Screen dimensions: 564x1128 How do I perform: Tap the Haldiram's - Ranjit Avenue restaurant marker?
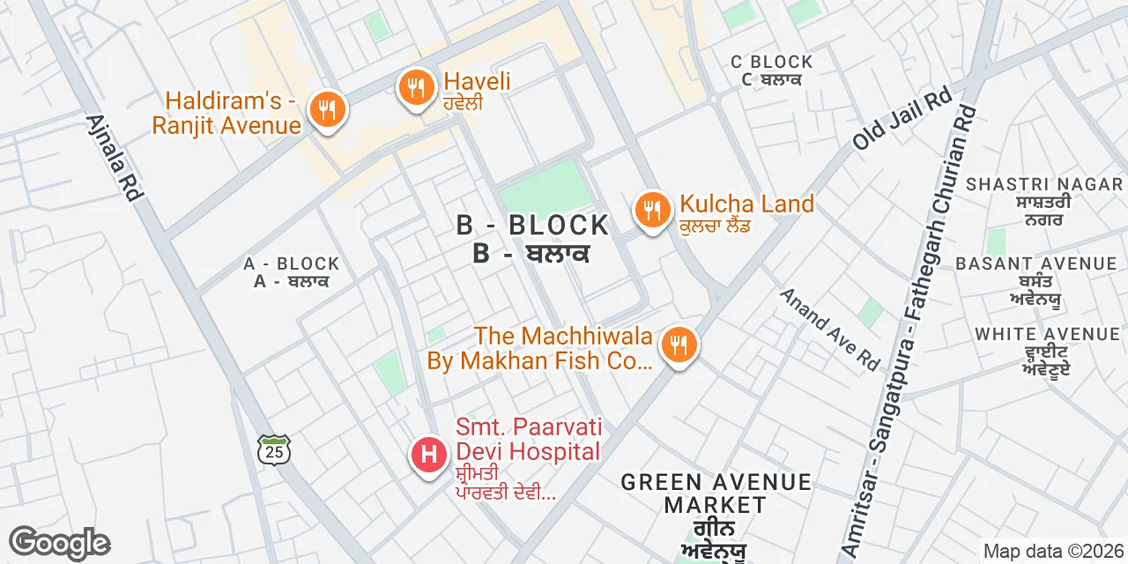pos(327,110)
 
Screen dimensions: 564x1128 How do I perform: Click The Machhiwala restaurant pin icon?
pos(678,345)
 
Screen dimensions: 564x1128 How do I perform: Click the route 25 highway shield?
pos(273,449)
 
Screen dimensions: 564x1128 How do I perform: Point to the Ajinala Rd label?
pos(114,157)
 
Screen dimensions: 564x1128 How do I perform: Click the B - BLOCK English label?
pos(532,226)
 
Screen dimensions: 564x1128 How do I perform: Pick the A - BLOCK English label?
pos(292,263)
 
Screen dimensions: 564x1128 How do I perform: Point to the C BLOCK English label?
pos(772,62)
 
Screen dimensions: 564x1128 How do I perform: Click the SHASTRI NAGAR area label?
pos(1044,184)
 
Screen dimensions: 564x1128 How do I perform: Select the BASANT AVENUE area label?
pos(1035,263)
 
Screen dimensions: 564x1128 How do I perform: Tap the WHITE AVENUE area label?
pos(1047,334)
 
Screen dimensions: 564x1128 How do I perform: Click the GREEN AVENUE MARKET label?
pos(716,493)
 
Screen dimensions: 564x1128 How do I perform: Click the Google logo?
pos(59,543)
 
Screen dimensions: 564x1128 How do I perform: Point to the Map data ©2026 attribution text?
pos(1052,552)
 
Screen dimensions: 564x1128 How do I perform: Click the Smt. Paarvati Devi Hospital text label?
pos(529,440)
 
